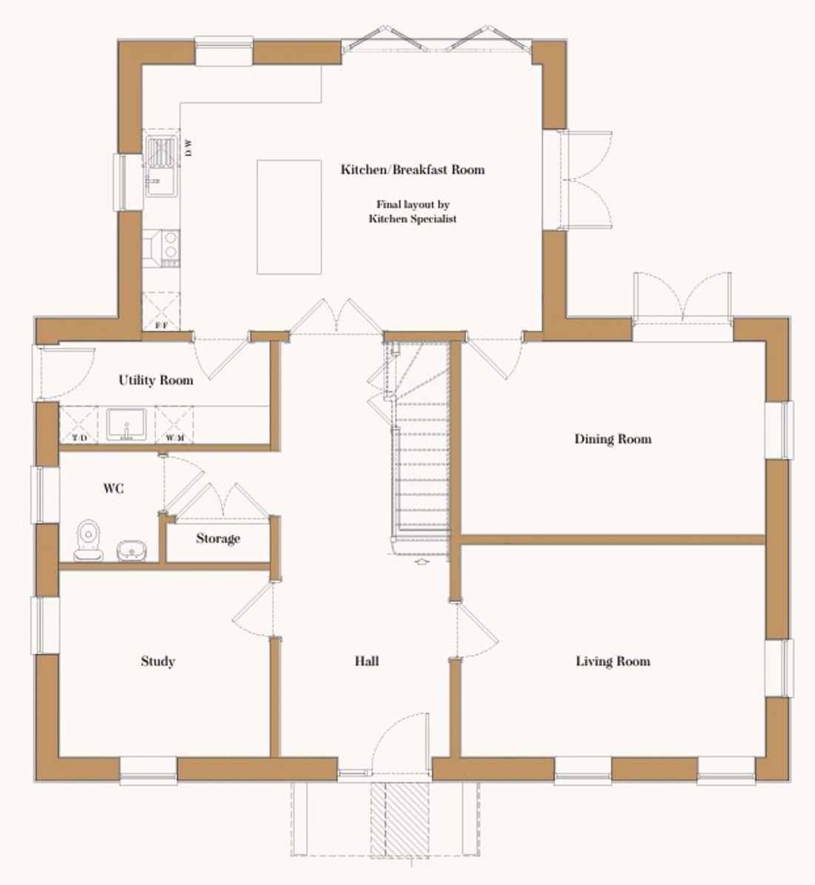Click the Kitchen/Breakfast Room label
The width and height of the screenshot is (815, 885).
[x=412, y=170]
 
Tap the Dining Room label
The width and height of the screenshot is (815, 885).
[x=613, y=439]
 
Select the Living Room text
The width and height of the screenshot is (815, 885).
[x=613, y=661]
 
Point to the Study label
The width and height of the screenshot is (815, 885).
[x=158, y=661]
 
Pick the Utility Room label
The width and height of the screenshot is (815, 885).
[x=156, y=381]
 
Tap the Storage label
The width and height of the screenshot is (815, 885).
[x=218, y=538]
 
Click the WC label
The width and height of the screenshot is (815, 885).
[x=113, y=489]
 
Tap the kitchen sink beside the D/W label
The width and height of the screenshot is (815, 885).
[x=159, y=167]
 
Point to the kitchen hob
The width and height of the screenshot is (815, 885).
[x=162, y=248]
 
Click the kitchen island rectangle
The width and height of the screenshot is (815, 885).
[x=289, y=217]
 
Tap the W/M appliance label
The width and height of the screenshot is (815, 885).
[x=175, y=438]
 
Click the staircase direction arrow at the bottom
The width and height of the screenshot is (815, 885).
[x=422, y=563]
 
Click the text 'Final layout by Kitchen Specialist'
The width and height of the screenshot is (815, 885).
[x=412, y=212]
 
